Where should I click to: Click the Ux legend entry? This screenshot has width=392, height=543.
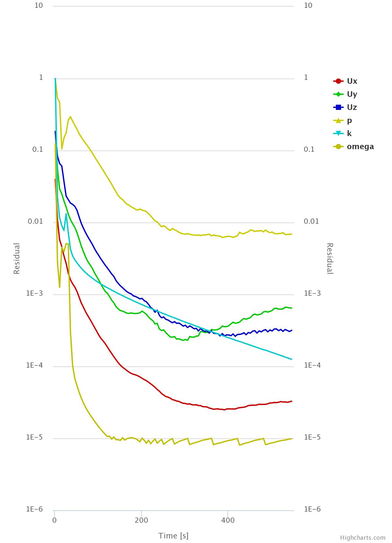352,81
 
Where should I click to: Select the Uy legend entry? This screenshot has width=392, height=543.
352,94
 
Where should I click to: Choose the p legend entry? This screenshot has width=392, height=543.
349,120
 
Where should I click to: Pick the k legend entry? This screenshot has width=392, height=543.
349,133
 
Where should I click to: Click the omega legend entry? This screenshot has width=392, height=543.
360,147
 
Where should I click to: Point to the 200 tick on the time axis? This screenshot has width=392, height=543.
141,520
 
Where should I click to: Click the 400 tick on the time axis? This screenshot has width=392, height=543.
228,520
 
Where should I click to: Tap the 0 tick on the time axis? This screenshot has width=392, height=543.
55,520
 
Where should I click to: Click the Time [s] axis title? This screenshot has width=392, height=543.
173,535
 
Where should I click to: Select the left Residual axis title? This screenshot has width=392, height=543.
17,258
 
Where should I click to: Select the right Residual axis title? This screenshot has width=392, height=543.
330,258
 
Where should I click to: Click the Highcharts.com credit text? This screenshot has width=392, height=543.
363,538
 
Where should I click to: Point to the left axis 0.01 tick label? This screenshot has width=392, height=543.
35,221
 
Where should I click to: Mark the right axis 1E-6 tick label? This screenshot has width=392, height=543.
312,509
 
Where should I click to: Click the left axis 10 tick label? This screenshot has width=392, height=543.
39,6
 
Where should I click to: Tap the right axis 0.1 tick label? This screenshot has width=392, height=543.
309,149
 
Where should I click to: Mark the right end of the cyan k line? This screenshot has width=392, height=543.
291,359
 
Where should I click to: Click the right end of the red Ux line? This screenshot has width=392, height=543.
291,401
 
